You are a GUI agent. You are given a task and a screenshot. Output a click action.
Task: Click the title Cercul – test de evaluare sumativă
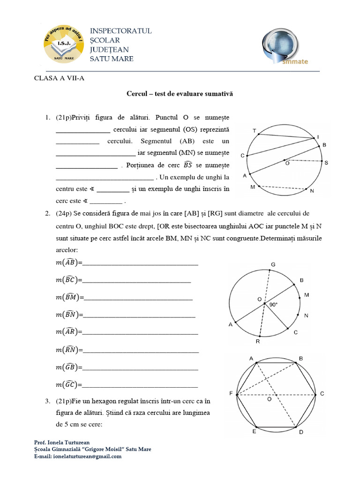[180, 94]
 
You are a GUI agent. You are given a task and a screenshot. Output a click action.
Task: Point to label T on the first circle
[255, 131]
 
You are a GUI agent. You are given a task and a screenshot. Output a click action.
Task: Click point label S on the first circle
[326, 162]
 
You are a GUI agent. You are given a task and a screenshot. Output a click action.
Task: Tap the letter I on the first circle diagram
[318, 136]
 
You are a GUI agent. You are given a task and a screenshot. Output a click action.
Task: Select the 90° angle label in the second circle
[273, 305]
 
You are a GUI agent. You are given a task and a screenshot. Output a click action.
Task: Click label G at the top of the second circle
[273, 265]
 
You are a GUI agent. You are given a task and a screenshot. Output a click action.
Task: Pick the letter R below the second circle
[257, 341]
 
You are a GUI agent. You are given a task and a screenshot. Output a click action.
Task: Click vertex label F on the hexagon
[231, 394]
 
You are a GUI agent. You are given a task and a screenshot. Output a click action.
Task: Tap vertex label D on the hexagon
[301, 431]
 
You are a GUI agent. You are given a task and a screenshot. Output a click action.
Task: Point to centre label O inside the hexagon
[269, 400]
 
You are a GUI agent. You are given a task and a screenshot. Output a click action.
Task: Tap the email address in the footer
[78, 456]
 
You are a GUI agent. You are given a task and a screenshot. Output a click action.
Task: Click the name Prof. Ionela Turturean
[63, 442]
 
